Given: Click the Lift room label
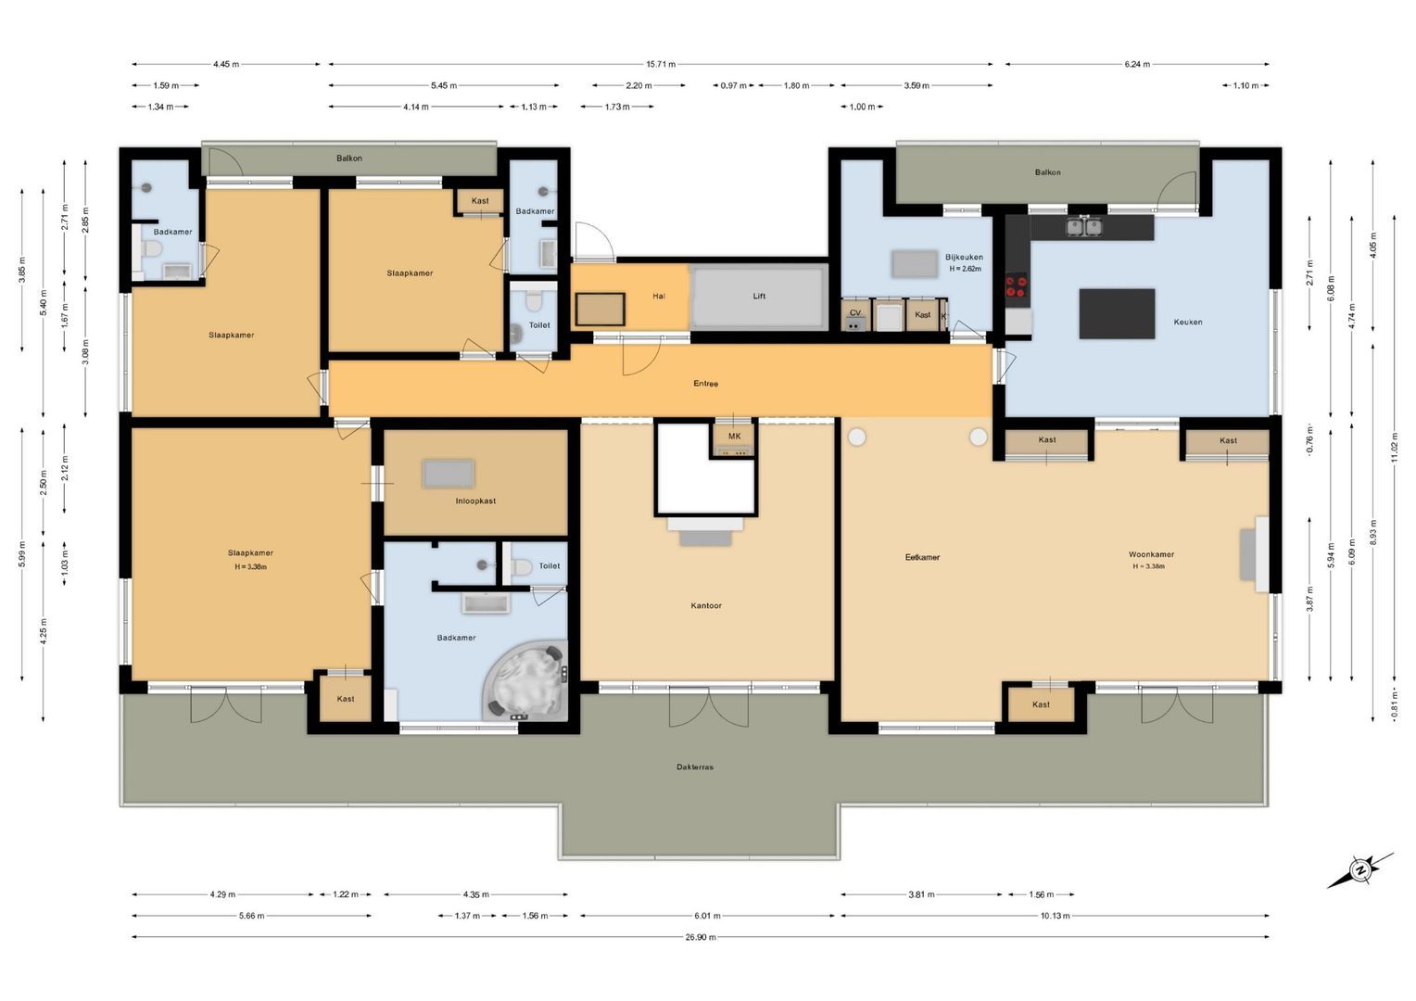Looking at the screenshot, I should (x=759, y=297).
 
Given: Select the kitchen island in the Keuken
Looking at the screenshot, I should (x=1117, y=314).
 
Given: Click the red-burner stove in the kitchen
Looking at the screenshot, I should (x=1017, y=287).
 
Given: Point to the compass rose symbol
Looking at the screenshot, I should (x=1359, y=869).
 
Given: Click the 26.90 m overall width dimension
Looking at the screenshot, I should (x=700, y=937).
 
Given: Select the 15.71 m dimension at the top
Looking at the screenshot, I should (x=660, y=65).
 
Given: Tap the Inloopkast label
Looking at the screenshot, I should (x=475, y=501).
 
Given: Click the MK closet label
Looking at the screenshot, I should (x=734, y=437).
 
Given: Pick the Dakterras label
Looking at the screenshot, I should (x=695, y=767).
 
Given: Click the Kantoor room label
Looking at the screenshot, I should (x=705, y=606).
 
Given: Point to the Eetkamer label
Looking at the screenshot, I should (x=922, y=558).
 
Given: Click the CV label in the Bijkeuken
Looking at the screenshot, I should (x=854, y=313).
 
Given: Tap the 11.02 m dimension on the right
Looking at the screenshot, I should (x=1394, y=447).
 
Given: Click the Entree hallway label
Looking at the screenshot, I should (x=705, y=384).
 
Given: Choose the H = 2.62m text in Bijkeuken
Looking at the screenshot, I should (x=965, y=270).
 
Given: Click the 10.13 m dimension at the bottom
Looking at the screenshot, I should (x=1055, y=916).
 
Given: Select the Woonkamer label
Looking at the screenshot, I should (x=1151, y=555).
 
